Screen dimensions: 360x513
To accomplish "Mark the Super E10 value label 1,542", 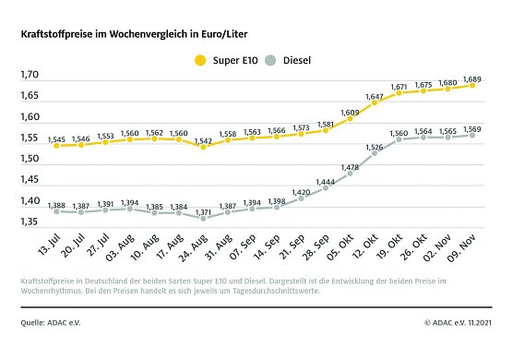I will [x=203, y=138].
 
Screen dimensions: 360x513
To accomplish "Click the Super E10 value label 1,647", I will [x=374, y=96].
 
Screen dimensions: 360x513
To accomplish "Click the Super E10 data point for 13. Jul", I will [x=55, y=145].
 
